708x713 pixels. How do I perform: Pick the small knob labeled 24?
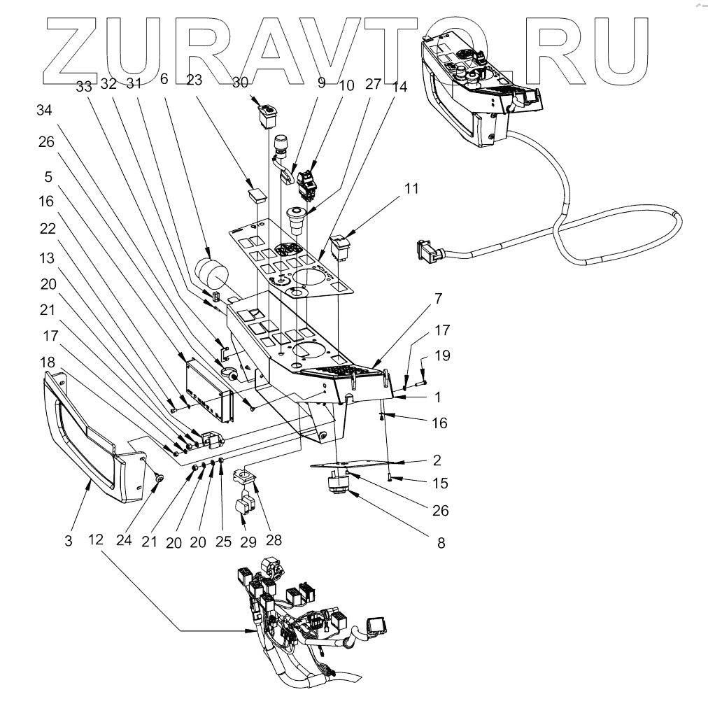(x=160, y=479)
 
